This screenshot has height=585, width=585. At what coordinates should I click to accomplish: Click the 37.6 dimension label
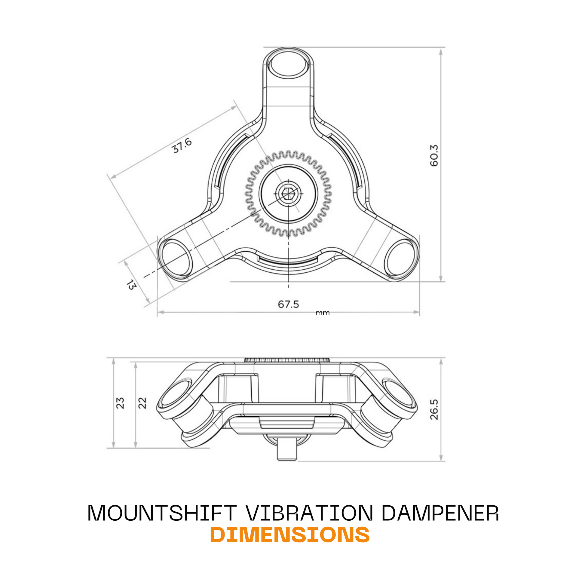tap(182, 145)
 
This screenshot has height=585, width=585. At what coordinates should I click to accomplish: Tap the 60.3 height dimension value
tap(434, 155)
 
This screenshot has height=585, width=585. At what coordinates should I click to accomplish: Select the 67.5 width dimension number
tap(288, 304)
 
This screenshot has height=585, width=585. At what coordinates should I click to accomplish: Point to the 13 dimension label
tap(132, 285)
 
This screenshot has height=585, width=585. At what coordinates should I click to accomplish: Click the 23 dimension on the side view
tap(120, 403)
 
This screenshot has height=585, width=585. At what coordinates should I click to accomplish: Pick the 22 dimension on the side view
tap(142, 403)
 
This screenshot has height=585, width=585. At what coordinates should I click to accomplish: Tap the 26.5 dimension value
tap(434, 409)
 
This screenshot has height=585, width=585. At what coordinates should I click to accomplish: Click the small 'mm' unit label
tap(322, 313)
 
